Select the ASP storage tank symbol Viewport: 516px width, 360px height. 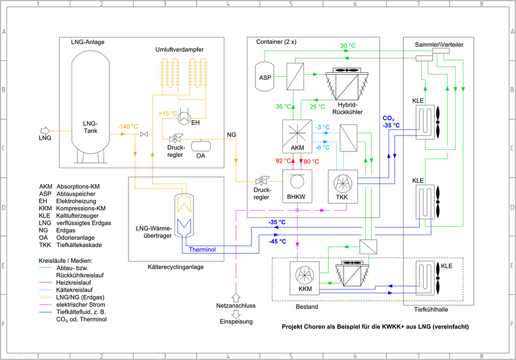[264, 77]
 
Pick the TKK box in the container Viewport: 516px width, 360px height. [342, 186]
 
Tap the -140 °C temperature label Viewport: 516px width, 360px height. [128, 127]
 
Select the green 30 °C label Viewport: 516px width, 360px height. [348, 46]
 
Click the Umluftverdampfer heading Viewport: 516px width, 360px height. [180, 50]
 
